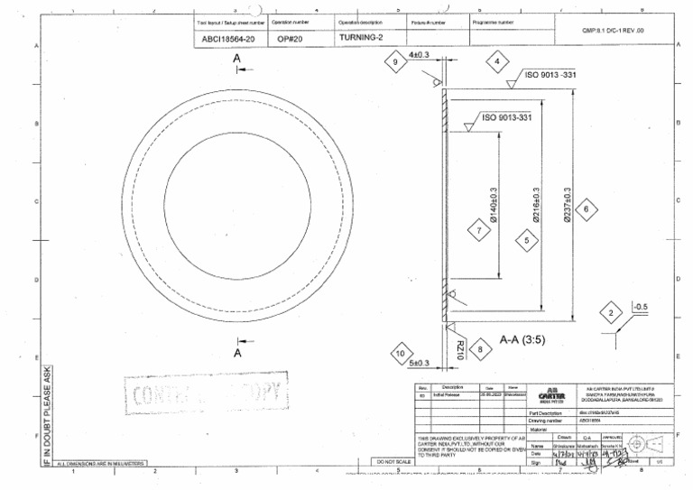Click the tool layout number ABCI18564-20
[x=229, y=39]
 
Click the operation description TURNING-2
[x=361, y=38]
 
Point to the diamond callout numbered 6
[x=586, y=209]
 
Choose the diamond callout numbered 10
[x=401, y=354]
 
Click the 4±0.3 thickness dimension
[x=420, y=55]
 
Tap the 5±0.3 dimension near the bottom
[x=420, y=363]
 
